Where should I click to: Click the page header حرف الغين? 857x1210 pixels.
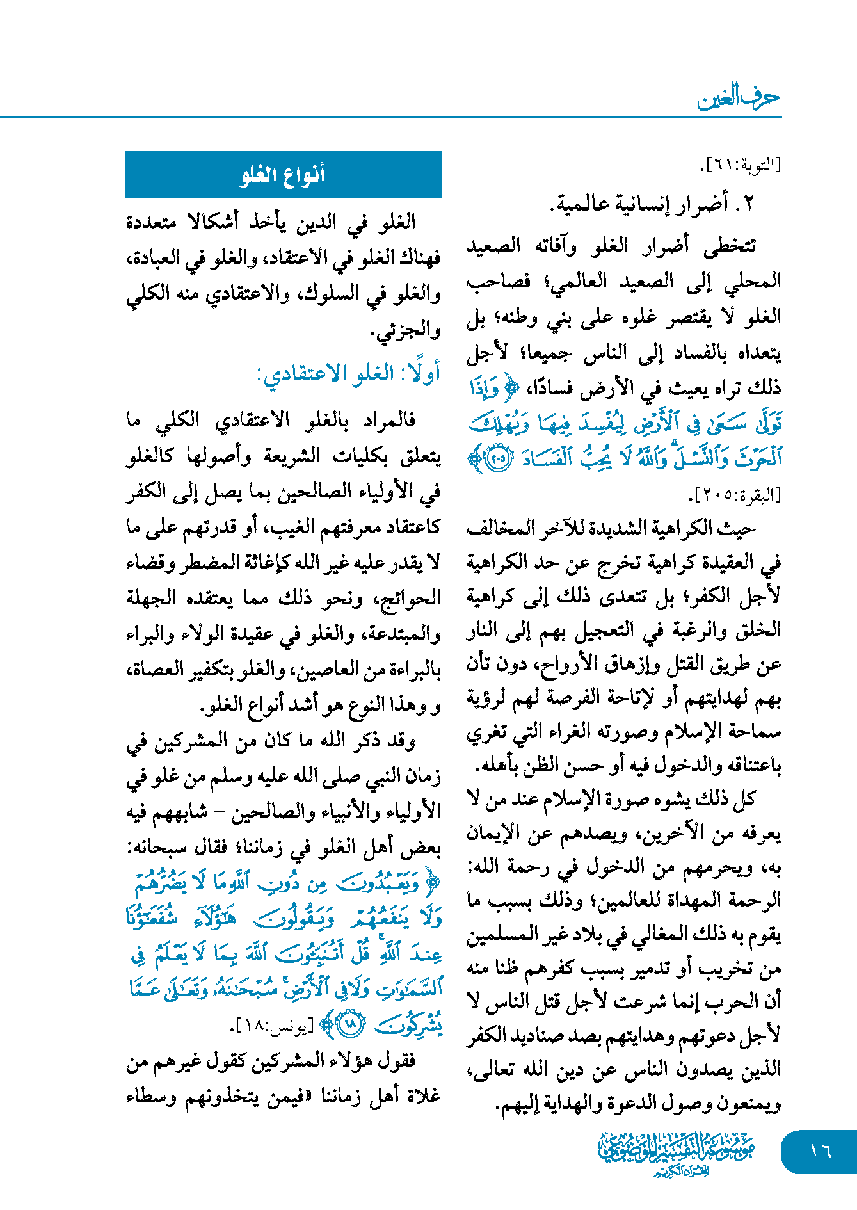(738, 98)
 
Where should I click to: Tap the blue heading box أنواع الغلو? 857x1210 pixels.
(283, 174)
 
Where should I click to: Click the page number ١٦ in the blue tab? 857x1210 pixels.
(820, 1151)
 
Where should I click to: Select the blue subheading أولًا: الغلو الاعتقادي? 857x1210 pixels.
(349, 373)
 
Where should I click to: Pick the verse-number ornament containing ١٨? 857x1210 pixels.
(350, 1024)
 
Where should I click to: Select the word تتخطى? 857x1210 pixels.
(729, 246)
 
